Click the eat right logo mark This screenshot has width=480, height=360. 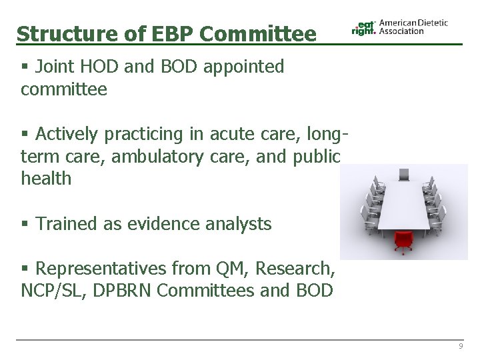(364, 27)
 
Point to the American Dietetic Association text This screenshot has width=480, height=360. (413, 27)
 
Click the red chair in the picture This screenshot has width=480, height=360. (402, 239)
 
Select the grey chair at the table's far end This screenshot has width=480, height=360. (404, 175)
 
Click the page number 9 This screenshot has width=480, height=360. (460, 347)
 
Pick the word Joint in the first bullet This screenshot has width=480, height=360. (57, 67)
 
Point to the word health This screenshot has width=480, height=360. (46, 179)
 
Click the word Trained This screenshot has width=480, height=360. (70, 224)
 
